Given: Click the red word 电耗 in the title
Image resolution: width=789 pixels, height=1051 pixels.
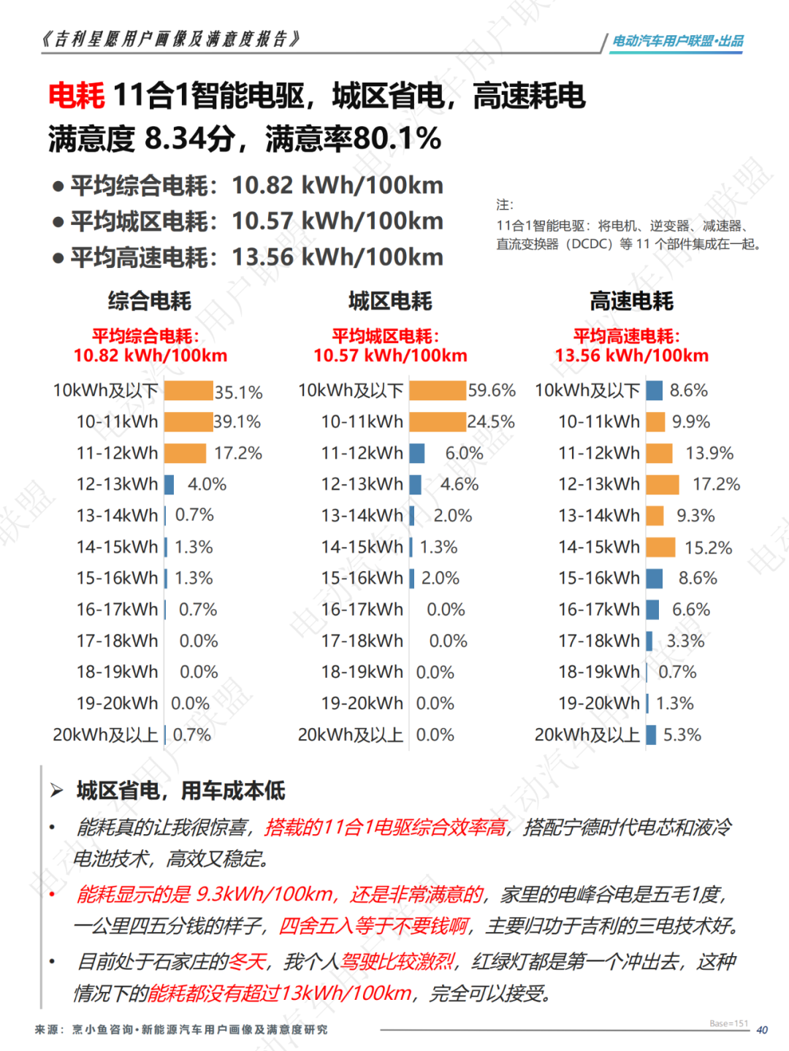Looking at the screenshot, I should point(77,96).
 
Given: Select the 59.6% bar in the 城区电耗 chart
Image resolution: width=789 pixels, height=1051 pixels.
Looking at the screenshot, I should point(437,391).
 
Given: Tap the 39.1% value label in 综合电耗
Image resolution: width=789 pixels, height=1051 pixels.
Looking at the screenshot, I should point(237,422).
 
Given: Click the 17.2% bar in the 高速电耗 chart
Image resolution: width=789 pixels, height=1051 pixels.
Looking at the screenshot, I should point(663,484).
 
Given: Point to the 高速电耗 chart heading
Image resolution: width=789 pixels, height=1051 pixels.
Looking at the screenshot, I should point(631,301).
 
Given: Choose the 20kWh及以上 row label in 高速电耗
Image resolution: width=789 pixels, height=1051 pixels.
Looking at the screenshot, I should point(587,735).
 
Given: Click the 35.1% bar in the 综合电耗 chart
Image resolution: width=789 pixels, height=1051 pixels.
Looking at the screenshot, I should point(188,391).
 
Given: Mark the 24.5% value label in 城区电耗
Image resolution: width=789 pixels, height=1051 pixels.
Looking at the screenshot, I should point(491,422).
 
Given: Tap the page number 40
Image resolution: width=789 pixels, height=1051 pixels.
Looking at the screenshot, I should point(762,1030).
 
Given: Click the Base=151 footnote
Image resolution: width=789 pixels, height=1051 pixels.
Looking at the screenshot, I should point(728,1023).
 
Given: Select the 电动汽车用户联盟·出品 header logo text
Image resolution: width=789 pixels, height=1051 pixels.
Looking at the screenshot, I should point(677,41).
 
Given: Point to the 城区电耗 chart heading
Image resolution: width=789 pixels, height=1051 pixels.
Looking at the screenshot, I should point(390,301).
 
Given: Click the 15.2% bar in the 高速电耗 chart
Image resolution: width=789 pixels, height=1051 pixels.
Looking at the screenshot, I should point(660,547).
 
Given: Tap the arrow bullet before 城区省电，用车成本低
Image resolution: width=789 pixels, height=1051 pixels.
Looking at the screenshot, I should point(57,790).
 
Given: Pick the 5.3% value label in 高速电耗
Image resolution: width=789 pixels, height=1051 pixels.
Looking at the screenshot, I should point(682,735).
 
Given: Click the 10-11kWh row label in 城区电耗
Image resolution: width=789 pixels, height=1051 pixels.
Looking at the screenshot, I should point(362,422).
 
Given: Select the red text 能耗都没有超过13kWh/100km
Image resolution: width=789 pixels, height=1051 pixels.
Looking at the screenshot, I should point(280,993).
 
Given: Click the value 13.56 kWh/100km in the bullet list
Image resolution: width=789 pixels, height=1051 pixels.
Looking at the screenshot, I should point(338,257).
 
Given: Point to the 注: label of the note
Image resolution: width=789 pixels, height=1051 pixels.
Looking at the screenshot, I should point(505,205).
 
